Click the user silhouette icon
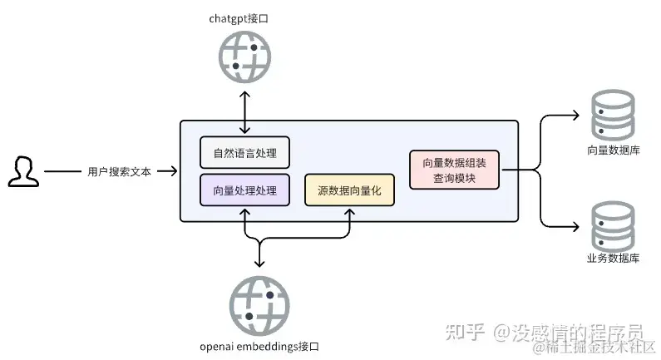(23, 171)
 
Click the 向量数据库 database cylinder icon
(612, 116)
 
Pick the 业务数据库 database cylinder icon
(612, 224)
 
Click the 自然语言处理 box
(244, 153)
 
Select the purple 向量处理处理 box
(244, 190)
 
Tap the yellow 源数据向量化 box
(349, 190)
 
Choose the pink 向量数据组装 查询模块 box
(454, 170)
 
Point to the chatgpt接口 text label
(244, 17)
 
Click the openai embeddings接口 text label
(259, 346)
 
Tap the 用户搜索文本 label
(120, 172)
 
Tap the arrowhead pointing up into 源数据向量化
(349, 212)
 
